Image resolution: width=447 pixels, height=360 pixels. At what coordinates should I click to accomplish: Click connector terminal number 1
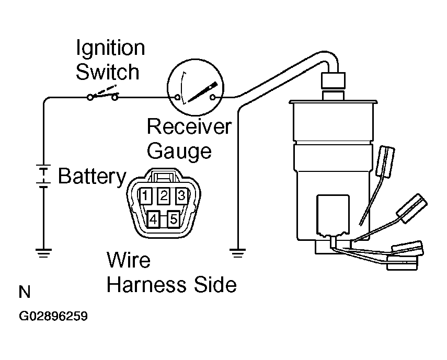pos(145,195)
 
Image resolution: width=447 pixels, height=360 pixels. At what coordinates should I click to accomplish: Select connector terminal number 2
pos(164,195)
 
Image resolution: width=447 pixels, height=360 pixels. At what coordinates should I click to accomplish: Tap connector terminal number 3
pos(181,195)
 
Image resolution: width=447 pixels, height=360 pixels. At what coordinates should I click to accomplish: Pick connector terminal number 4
pos(153,219)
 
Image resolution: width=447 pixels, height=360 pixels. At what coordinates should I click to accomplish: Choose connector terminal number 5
pos(174,219)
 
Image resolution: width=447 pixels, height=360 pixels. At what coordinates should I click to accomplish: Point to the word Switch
pos(108,72)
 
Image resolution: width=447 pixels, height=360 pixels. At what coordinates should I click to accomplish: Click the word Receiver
pos(189,126)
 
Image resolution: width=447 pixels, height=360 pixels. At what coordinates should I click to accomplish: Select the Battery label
pos(92,177)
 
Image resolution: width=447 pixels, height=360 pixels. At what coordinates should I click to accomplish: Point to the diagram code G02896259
pos(53,316)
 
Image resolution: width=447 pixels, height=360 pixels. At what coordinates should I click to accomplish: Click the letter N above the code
pos(25,292)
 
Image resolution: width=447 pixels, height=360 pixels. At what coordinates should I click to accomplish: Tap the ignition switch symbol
pos(102,95)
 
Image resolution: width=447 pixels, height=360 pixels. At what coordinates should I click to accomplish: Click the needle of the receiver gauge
pos(203,92)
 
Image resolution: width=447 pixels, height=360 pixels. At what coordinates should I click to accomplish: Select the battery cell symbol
pos(43,176)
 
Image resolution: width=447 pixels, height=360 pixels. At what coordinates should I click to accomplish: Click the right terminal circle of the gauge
pos(213,97)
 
